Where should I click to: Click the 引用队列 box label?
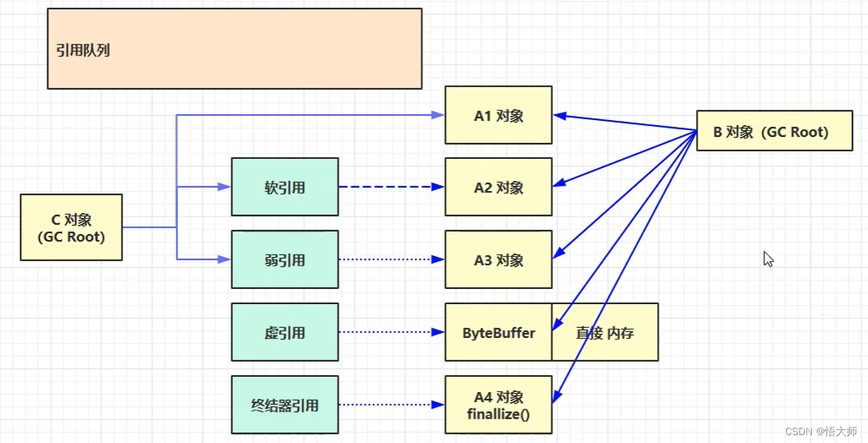pos(83,51)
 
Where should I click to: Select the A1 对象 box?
pos(498,116)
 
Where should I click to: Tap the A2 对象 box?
pos(498,188)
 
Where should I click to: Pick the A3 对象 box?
pos(498,260)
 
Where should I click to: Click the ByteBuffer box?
pos(498,333)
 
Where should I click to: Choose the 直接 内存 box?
pos(605,333)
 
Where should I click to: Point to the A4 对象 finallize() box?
pos(498,405)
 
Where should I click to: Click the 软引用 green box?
pos(285,188)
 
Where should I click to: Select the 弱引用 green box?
pos(285,260)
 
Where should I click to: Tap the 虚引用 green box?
pos(285,333)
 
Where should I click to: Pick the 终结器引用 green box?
pos(285,406)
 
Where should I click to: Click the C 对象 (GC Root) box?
pos(71,228)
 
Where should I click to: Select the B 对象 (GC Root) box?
pos(774,132)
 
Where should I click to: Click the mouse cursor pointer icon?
pos(768,259)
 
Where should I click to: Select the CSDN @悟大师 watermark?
pos(821,431)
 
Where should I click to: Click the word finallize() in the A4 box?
pos(498,414)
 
